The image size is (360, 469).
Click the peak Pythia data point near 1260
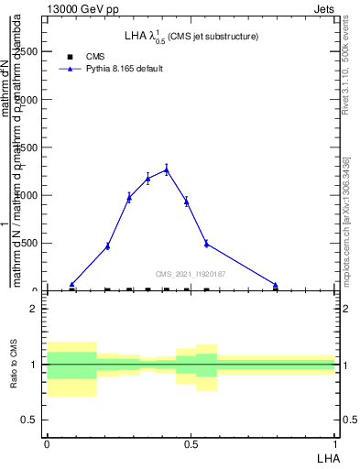tap(167, 169)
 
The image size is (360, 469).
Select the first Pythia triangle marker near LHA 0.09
tap(72, 284)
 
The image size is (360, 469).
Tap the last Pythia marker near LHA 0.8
tap(276, 285)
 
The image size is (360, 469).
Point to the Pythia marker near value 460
tap(108, 245)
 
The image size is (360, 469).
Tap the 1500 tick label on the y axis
tap(29, 147)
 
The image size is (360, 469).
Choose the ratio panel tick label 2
tap(34, 309)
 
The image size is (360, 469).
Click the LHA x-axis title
tap(327, 456)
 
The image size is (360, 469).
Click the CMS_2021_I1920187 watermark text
tap(191, 274)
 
